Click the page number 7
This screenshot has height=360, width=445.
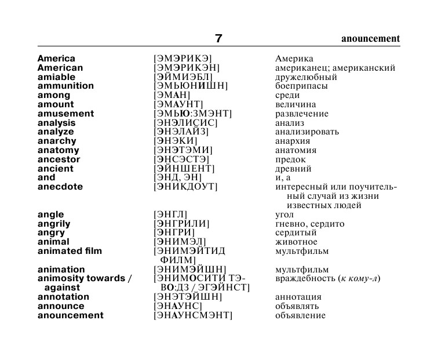click(218, 39)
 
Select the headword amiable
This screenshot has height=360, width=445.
click(56, 77)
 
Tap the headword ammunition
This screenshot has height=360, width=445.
click(65, 86)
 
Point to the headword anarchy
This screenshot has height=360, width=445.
click(57, 141)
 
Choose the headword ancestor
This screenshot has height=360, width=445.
click(59, 159)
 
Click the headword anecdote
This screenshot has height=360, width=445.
click(60, 187)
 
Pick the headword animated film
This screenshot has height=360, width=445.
click(70, 251)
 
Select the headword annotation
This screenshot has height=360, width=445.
click(63, 297)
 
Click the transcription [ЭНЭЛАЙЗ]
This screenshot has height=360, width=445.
click(181, 132)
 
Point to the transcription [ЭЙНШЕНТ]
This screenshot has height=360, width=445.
click(184, 169)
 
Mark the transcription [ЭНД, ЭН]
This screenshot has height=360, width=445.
click(177, 177)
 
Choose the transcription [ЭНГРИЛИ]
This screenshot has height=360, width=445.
click(181, 224)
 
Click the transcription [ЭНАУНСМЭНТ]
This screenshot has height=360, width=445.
click(192, 315)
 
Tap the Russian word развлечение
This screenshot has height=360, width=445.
click(302, 114)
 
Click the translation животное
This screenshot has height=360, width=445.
click(296, 242)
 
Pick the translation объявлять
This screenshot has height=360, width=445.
click(297, 306)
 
